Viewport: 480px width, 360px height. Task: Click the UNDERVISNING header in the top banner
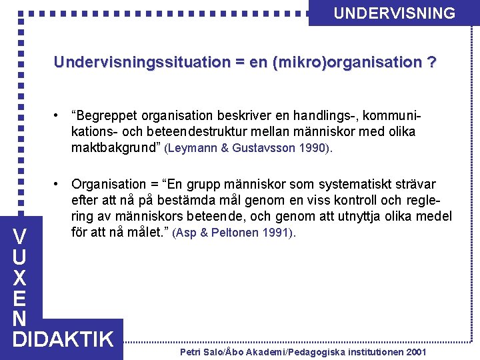click(x=394, y=13)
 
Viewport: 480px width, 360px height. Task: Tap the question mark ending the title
click(x=433, y=63)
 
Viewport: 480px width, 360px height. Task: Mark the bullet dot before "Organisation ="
click(x=59, y=183)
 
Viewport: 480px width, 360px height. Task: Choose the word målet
click(x=149, y=233)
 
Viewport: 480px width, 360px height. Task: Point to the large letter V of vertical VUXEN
click(x=20, y=237)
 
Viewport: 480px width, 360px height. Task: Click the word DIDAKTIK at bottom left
click(x=63, y=339)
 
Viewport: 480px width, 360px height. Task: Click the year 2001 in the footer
click(x=415, y=351)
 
